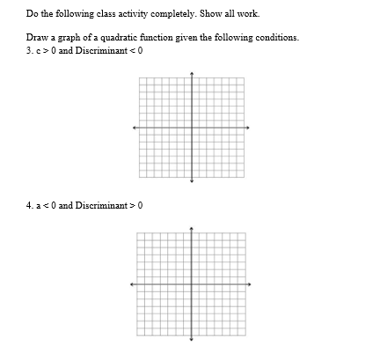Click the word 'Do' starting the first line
tap(32, 14)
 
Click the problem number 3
tap(29, 48)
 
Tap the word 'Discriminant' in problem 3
tap(103, 48)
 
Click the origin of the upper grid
tap(192, 127)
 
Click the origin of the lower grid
tap(192, 284)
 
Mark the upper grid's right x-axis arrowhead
tap(250, 127)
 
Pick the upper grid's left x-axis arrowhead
tap(134, 127)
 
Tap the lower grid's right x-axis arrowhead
tap(250, 284)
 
